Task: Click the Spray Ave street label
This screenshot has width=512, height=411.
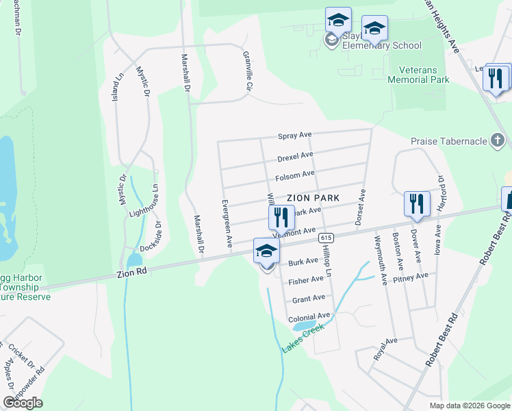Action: (294, 136)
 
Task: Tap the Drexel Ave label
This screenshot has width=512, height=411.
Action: (295, 158)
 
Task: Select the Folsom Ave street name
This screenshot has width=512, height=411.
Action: (294, 177)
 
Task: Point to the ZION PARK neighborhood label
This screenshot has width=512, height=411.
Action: (313, 197)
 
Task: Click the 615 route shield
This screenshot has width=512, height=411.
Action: (325, 237)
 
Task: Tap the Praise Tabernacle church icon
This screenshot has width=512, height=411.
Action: (498, 142)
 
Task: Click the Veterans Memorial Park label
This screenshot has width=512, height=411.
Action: (418, 75)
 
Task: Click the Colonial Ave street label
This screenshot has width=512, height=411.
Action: (309, 318)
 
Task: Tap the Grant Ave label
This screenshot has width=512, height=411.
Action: (308, 299)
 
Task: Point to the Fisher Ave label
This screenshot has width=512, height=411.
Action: (305, 281)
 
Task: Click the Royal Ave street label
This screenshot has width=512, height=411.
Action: (385, 349)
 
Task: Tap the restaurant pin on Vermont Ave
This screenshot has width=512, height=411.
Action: (281, 218)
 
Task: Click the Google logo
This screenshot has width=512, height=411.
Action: (23, 403)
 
